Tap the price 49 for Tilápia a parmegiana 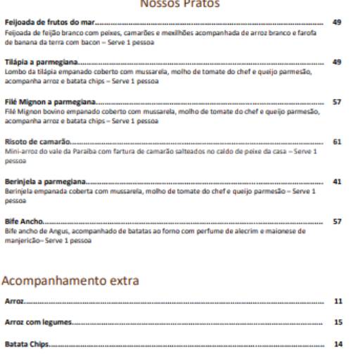pos(336,63)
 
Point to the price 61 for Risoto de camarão pos(336,141)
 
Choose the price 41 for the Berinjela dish pos(336,181)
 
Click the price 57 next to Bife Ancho pos(336,221)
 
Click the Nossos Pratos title pos(179,4)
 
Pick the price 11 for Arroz pos(338,301)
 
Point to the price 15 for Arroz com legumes pos(338,323)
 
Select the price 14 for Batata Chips pos(338,345)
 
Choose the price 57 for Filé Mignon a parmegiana pos(336,102)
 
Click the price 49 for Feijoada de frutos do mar pos(336,23)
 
